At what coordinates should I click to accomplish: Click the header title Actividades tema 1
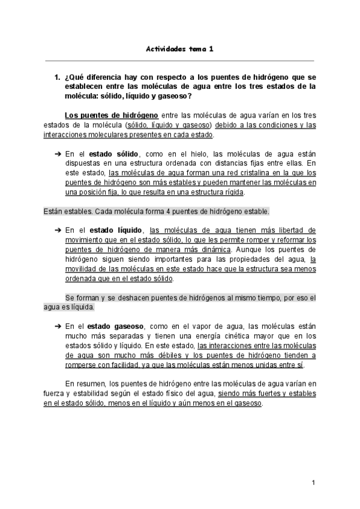pyautogui.click(x=180, y=50)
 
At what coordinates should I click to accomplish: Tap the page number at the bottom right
pyautogui.click(x=313, y=483)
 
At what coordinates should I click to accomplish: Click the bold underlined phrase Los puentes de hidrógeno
pyautogui.click(x=103, y=115)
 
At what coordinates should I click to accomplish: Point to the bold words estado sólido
pyautogui.click(x=115, y=154)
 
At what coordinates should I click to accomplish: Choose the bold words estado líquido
pyautogui.click(x=116, y=230)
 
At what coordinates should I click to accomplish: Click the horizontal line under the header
pyautogui.click(x=180, y=60)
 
